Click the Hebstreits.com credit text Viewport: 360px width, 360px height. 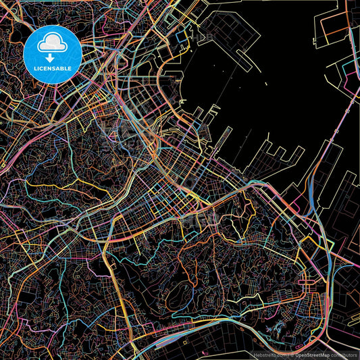tap(269, 354)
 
